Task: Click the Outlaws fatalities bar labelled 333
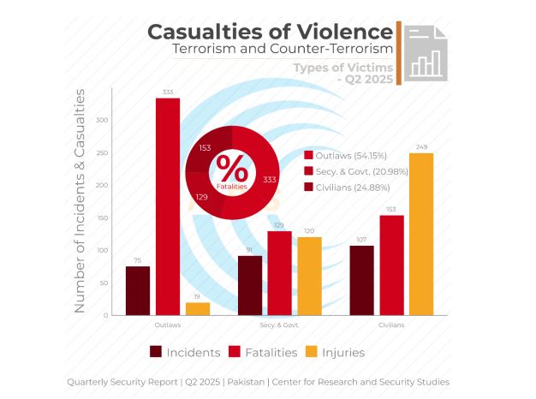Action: coord(168,206)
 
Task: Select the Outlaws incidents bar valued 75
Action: coord(138,290)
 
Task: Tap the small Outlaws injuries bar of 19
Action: coord(198,308)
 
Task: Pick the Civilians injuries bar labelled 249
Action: coord(421,234)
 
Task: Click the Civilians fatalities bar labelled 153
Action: coord(391,265)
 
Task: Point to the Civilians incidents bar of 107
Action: coord(361,280)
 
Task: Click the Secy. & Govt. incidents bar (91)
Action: coord(250,285)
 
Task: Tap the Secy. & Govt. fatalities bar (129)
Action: coord(279,273)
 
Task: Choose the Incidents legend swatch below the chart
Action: coord(156,352)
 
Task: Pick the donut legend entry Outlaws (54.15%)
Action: coord(347,156)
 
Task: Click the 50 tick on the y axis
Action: coord(104,283)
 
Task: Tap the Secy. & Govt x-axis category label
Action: coord(279,325)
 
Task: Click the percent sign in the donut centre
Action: coord(231,165)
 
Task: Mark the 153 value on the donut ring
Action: coord(205,148)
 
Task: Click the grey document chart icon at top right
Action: coord(426,52)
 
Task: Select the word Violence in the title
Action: coord(346,32)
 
